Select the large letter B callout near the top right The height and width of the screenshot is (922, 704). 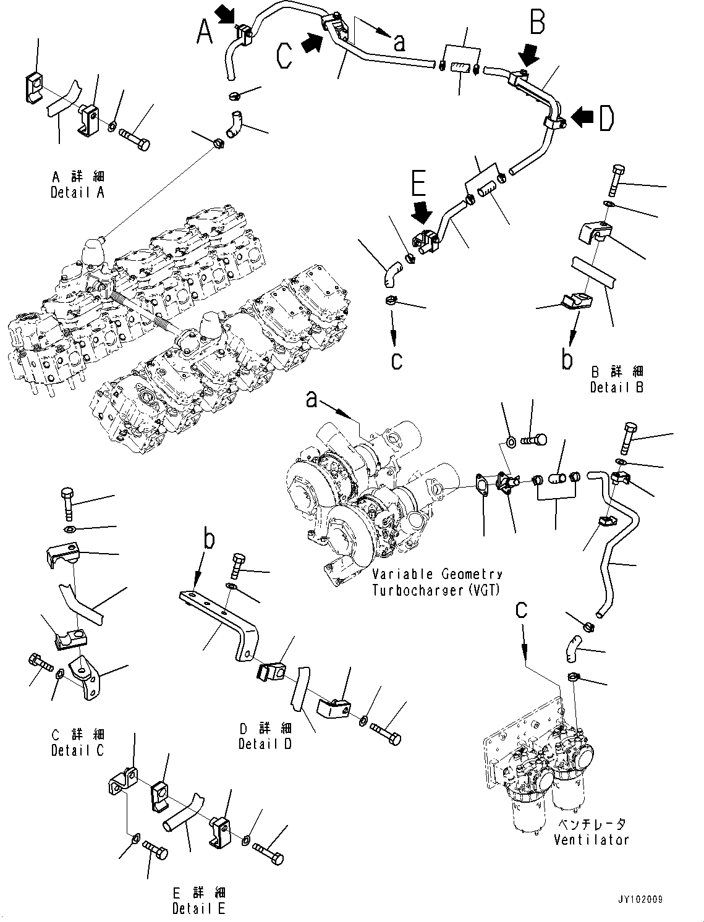tap(537, 23)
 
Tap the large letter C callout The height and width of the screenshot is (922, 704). tap(284, 55)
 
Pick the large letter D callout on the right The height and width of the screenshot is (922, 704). tap(606, 119)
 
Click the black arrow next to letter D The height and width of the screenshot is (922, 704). tap(582, 116)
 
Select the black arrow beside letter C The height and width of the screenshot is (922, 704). tap(313, 43)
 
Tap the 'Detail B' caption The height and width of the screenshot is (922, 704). tap(616, 387)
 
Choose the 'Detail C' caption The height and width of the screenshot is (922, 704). tap(77, 750)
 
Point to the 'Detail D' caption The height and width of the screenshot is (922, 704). tap(265, 743)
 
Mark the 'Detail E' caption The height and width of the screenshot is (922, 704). tap(199, 908)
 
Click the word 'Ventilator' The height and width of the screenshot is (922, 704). tap(591, 840)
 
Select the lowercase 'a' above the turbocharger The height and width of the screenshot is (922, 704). tap(312, 400)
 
